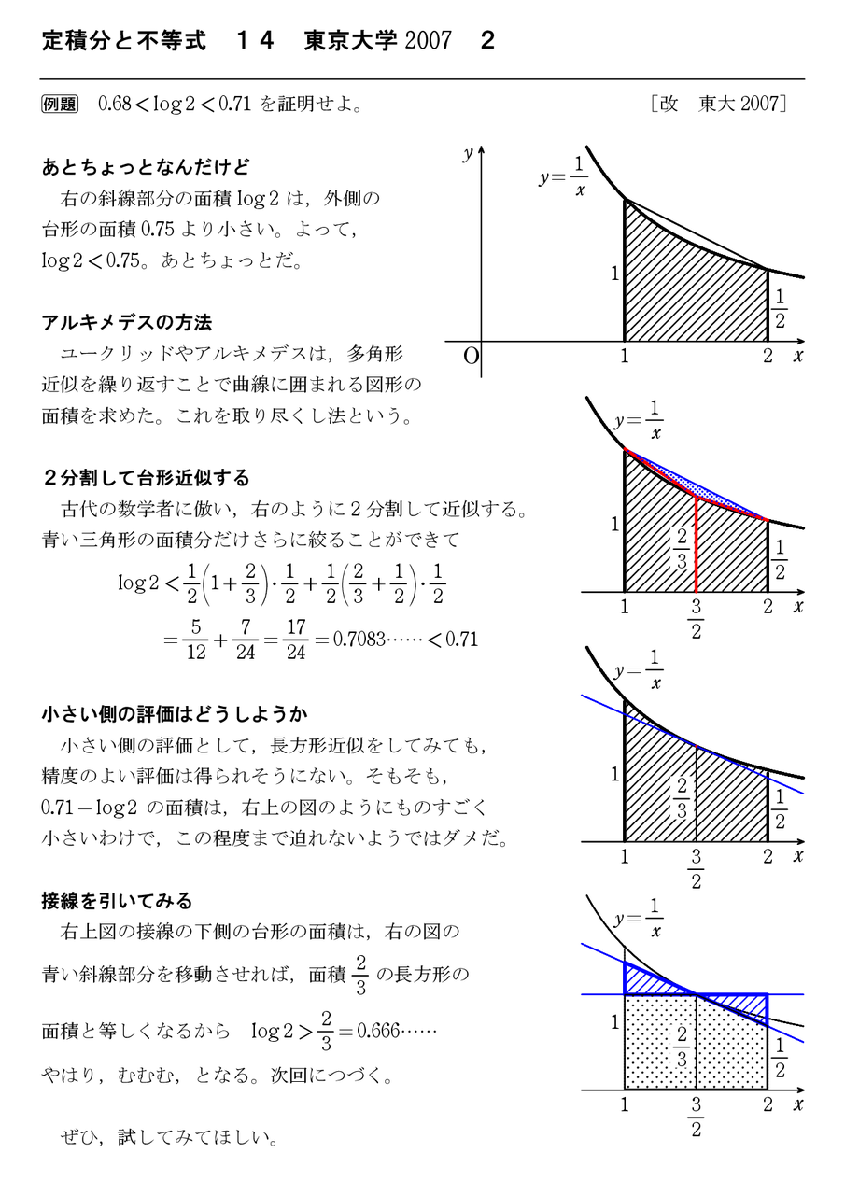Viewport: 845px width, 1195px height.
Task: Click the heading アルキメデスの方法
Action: pos(127,322)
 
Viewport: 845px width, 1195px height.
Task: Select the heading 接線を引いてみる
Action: pos(117,901)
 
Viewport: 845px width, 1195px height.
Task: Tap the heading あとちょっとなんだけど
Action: pos(146,168)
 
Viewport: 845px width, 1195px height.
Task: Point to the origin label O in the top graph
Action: pos(471,356)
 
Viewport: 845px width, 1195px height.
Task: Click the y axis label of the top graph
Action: pos(467,156)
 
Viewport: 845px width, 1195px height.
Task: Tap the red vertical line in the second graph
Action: pos(697,546)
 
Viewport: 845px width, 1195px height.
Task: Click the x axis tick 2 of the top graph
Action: pos(768,356)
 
